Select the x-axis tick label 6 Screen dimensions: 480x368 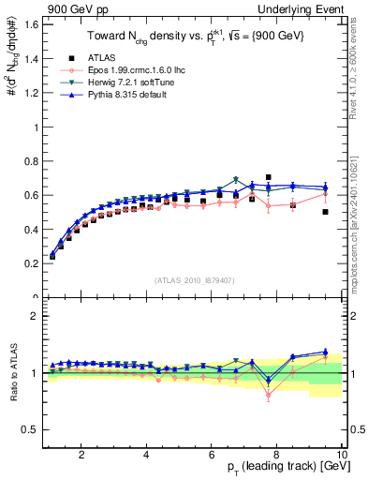[x=212, y=455]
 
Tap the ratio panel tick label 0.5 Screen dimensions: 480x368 [x=30, y=429]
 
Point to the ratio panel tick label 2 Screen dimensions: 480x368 [x=35, y=316]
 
